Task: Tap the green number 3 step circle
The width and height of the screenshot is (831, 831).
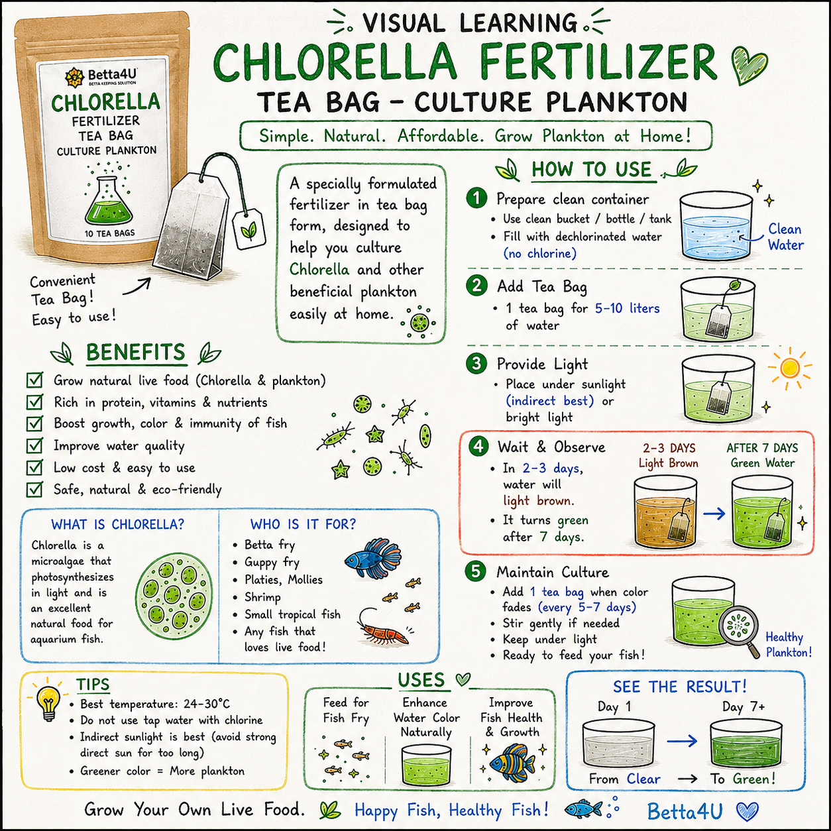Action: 476,364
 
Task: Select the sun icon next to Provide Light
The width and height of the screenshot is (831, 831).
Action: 790,368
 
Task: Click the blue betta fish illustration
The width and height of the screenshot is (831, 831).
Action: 373,558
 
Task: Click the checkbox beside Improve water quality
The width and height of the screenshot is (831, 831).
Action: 34,445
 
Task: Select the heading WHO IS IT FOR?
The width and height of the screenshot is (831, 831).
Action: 303,524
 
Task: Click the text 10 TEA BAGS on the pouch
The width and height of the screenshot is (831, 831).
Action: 109,233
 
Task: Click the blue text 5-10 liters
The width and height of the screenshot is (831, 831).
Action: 628,308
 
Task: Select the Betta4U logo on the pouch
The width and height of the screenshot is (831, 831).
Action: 101,76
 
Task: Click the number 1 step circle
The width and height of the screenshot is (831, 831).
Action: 476,199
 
